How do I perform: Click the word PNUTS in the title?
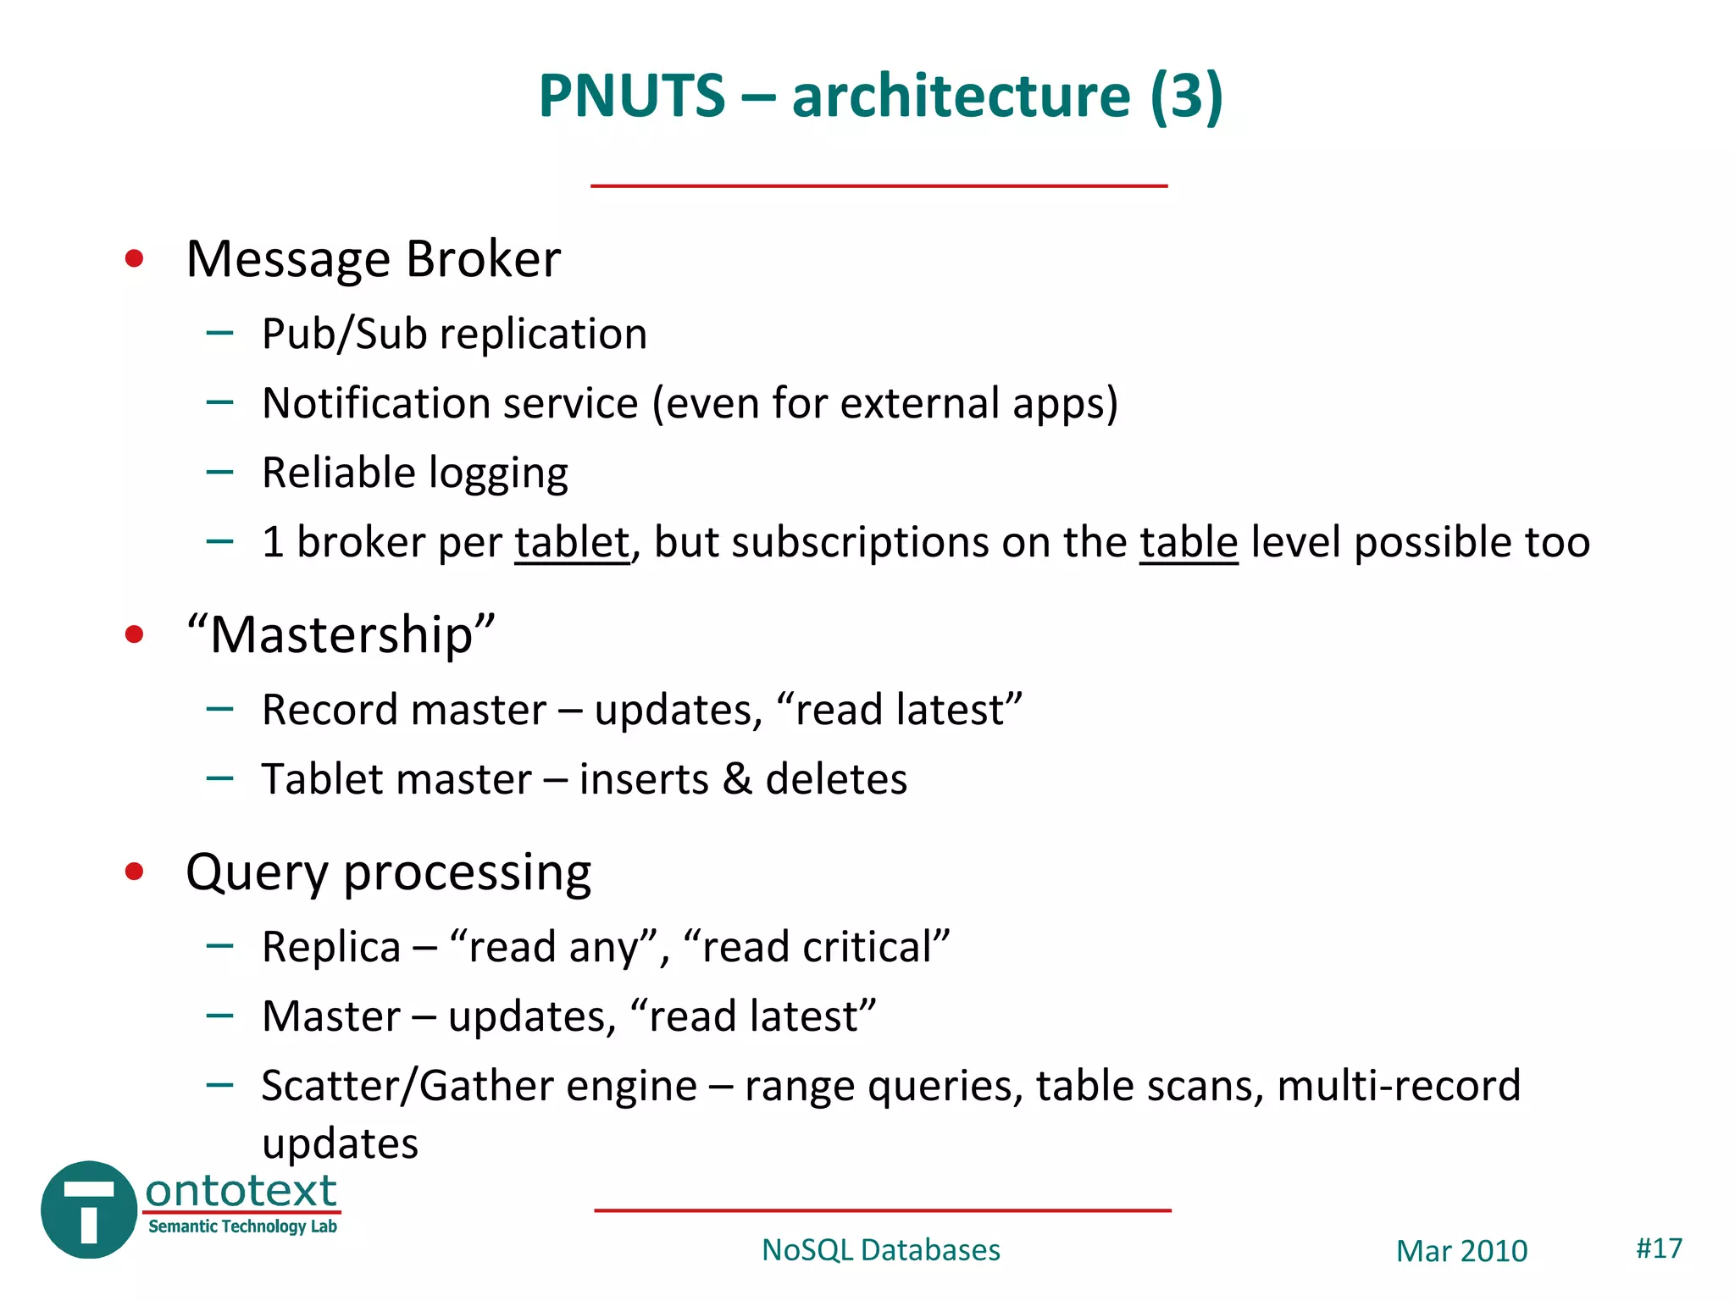click(632, 96)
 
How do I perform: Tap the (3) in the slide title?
click(1185, 96)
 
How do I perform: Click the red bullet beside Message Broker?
click(134, 258)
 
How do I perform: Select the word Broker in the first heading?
click(483, 258)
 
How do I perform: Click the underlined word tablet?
click(572, 542)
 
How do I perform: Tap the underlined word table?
click(1188, 542)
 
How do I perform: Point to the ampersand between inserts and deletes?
click(737, 779)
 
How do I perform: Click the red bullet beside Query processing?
click(134, 872)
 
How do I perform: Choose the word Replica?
click(331, 947)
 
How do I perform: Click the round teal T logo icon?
click(89, 1210)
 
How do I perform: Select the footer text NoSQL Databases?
click(881, 1250)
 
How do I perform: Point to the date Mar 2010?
click(1461, 1251)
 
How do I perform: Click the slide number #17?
click(1659, 1248)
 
